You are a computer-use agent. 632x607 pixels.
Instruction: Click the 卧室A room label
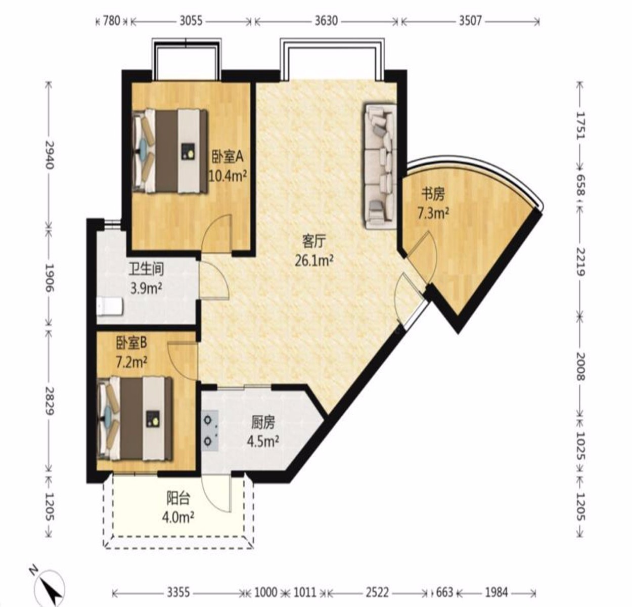[228, 158]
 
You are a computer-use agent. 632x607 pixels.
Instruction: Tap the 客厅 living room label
[314, 242]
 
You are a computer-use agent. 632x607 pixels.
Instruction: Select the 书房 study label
[433, 195]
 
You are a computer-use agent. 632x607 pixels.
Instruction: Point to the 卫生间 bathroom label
[146, 269]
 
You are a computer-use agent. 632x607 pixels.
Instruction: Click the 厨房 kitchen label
[263, 422]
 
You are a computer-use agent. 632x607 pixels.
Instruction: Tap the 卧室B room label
[132, 342]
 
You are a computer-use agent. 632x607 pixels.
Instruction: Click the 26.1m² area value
[314, 261]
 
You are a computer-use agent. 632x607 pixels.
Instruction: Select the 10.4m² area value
[228, 177]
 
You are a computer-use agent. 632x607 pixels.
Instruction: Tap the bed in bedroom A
[170, 151]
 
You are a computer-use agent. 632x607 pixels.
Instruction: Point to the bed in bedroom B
[135, 419]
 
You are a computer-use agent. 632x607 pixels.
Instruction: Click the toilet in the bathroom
[110, 306]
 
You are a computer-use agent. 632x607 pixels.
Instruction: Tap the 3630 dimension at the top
[327, 21]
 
